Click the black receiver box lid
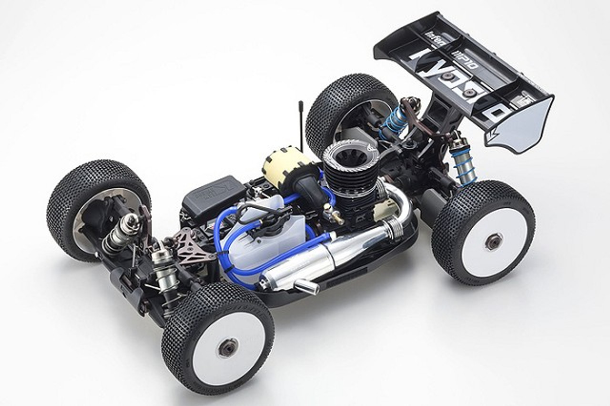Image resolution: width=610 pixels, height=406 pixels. click(213, 193)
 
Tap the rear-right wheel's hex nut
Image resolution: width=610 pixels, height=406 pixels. click(493, 242)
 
